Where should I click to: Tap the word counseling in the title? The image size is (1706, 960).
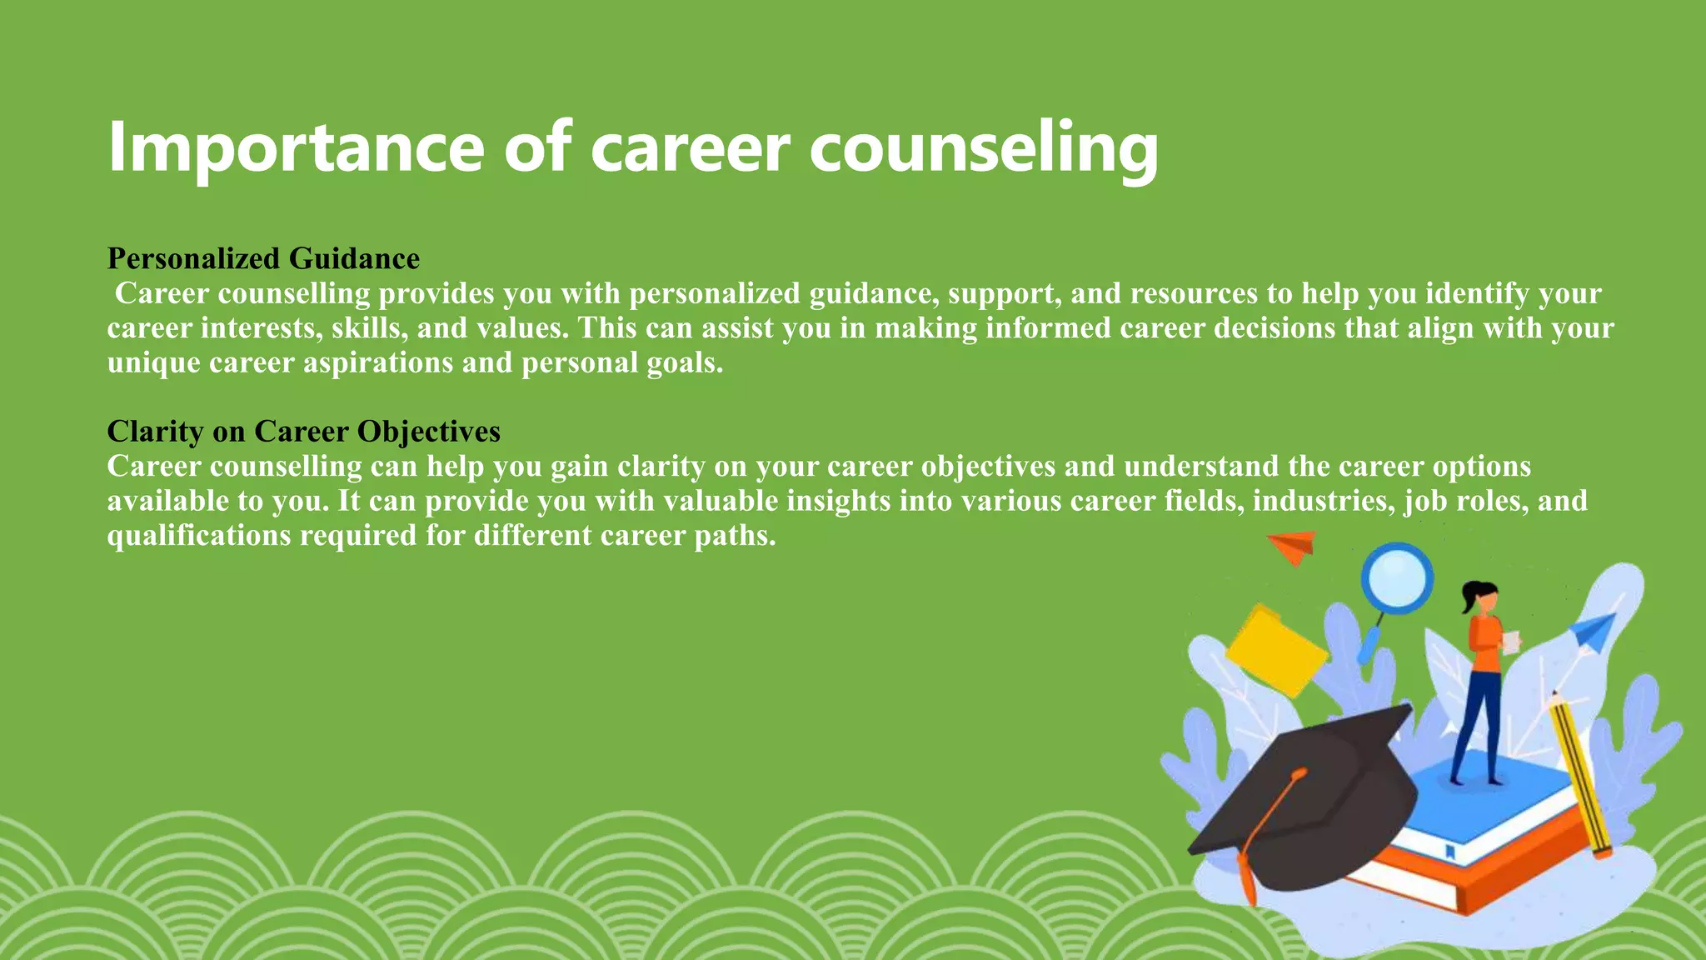[x=983, y=148]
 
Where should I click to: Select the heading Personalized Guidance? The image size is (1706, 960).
[x=263, y=258]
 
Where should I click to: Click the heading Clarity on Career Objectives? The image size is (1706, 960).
[x=303, y=431]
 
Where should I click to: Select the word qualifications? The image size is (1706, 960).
[x=199, y=535]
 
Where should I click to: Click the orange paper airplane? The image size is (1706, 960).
[x=1293, y=546]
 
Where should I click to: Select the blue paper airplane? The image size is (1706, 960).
[x=1593, y=632]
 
